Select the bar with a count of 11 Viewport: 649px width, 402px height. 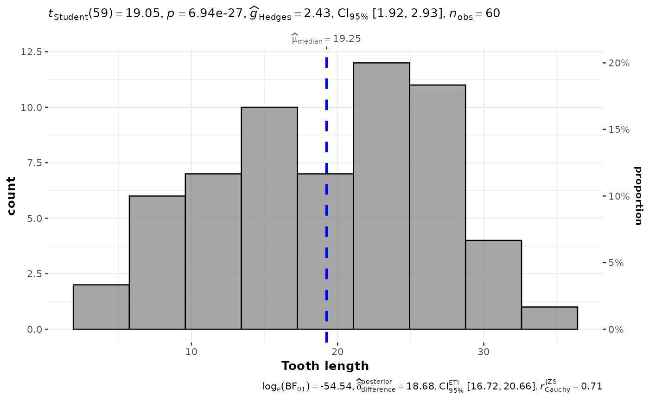(x=437, y=207)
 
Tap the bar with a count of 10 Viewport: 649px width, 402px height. (x=269, y=218)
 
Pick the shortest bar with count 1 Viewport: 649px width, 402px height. (x=549, y=318)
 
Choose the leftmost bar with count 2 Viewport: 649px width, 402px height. (x=101, y=307)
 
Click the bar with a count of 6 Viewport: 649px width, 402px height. (x=157, y=263)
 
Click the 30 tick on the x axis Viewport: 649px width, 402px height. (x=484, y=351)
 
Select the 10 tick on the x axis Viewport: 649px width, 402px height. (x=191, y=351)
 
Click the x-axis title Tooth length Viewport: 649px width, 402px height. (x=325, y=366)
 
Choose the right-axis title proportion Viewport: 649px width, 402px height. (x=638, y=196)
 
